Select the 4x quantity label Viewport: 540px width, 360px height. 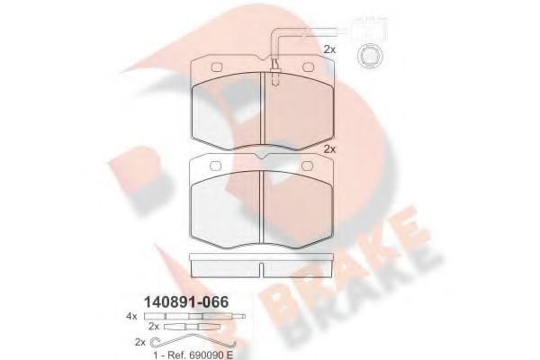click(131, 316)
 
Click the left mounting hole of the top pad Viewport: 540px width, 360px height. click(217, 68)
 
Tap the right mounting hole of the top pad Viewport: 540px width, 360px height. click(306, 68)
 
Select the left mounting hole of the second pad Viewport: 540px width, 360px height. click(217, 166)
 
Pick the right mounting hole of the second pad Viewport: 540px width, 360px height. click(306, 166)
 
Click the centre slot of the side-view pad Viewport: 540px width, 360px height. click(261, 267)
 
